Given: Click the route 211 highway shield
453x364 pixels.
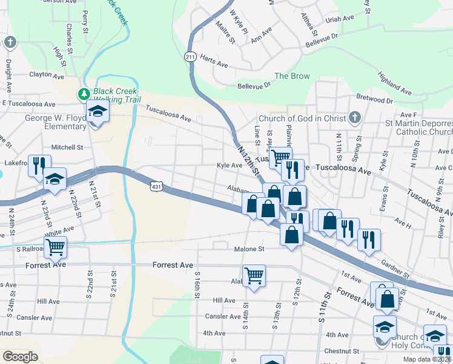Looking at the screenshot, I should tap(190, 56).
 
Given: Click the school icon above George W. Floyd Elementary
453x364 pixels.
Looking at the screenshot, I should tap(97, 112).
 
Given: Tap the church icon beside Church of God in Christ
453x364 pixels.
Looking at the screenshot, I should tap(355, 118).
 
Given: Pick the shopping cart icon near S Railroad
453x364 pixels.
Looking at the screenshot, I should tap(55, 246).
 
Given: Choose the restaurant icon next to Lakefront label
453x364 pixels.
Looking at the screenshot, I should tap(39, 164).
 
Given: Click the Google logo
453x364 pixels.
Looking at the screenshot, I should tap(20, 356).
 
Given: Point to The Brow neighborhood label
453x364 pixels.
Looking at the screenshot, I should tap(292, 76).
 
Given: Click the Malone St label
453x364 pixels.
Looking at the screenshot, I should tap(250, 249).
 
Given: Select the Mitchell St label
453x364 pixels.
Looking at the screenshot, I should tap(67, 147).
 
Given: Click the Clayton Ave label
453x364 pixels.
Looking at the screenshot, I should tap(47, 76).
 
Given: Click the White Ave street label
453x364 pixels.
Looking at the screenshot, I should tap(59, 231).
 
